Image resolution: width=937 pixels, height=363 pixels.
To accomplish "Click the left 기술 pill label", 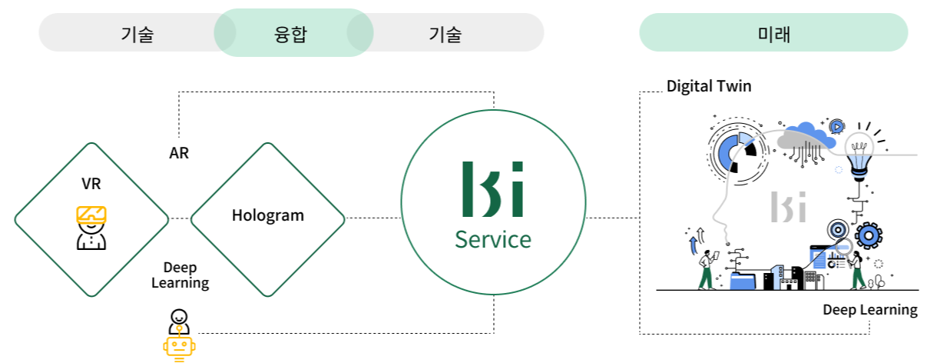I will coord(137,34).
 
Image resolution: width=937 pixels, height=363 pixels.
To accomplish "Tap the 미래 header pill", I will coord(773,34).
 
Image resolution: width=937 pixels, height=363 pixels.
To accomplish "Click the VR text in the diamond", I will coord(91,184).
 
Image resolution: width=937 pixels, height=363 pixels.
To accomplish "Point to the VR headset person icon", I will coord(91,227).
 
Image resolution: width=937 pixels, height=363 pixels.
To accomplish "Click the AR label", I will coord(179,153).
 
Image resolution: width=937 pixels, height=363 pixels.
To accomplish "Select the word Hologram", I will coord(268,215).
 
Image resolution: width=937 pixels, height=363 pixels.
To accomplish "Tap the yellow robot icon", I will coord(179,346).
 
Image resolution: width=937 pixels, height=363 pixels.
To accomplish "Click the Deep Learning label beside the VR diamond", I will coord(180,275).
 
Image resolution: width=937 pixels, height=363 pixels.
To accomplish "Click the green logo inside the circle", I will coord(492,189).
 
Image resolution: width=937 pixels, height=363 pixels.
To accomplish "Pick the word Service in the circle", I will coord(492,239).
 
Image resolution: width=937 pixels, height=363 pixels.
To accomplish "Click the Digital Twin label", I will coord(708,86).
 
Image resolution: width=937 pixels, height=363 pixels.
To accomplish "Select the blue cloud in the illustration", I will coord(806,137).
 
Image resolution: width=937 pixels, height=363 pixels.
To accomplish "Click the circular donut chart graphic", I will coord(735,151).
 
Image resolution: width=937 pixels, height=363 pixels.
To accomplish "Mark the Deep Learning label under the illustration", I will coord(869,310).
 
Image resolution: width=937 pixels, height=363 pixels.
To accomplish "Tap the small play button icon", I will coord(836,126).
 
